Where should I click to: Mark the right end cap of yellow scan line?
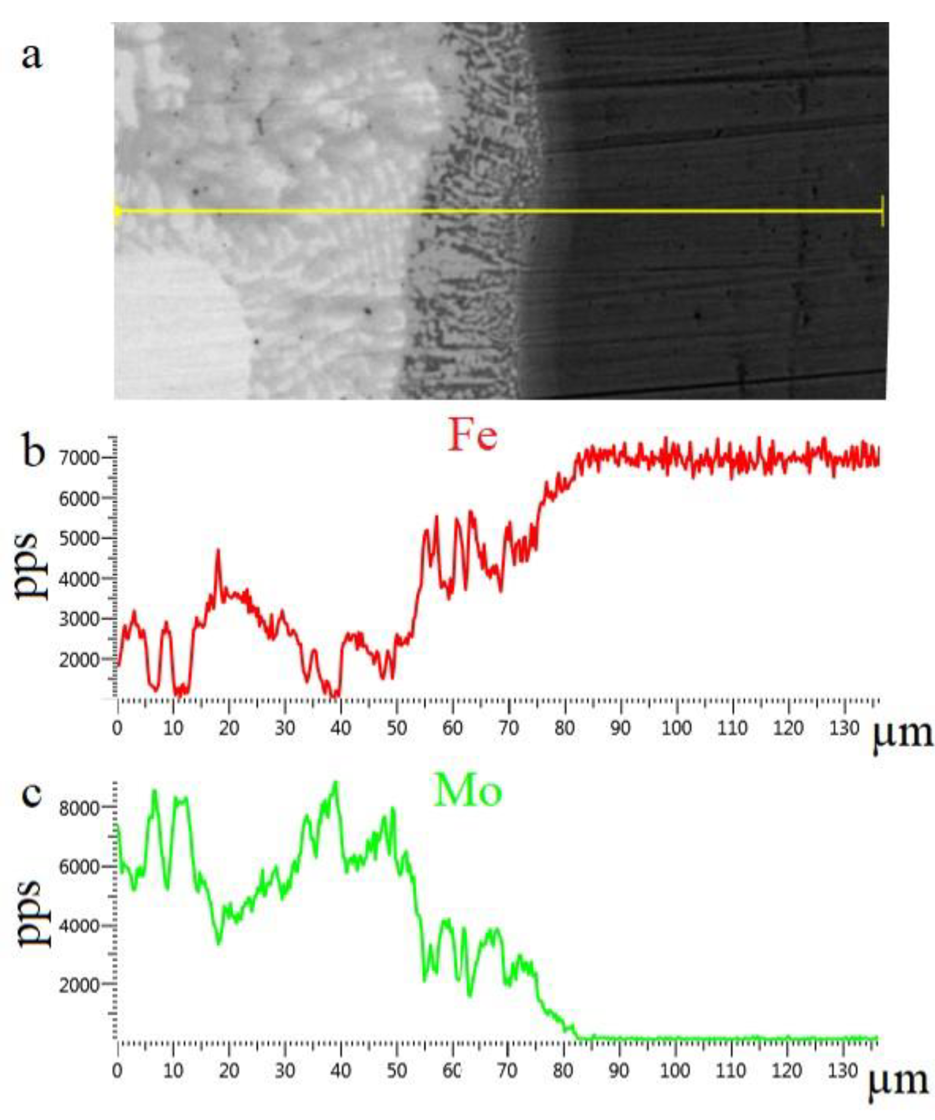point(883,211)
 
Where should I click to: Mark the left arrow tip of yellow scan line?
point(116,211)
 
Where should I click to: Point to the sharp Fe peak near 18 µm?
point(218,550)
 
